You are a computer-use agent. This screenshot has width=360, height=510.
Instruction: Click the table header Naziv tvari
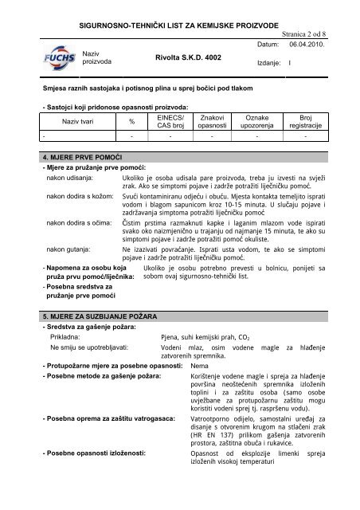tap(78, 121)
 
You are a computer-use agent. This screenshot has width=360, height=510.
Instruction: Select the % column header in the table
tap(132, 121)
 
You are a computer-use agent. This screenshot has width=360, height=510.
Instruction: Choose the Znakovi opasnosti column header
tap(212, 121)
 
